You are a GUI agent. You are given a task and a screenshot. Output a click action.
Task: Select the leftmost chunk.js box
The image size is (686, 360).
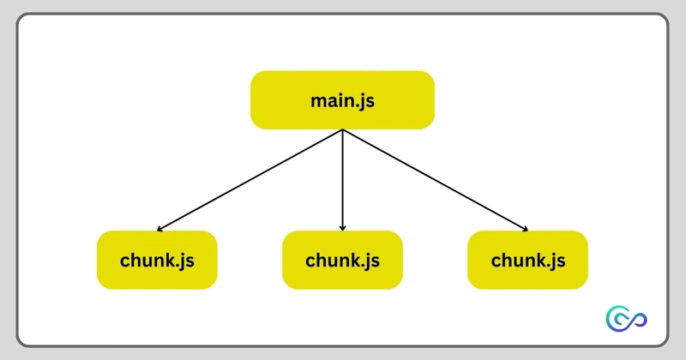[x=157, y=260]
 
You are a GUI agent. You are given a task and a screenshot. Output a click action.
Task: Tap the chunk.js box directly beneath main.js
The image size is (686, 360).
[x=342, y=260]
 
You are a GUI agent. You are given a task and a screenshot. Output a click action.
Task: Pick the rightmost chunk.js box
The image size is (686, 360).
[x=527, y=260]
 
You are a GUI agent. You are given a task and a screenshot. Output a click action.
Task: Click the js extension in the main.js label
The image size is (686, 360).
[x=366, y=101]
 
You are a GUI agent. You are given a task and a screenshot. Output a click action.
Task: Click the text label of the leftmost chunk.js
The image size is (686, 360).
[x=157, y=260]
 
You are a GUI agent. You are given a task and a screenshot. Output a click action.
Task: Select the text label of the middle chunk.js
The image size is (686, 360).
[x=342, y=260]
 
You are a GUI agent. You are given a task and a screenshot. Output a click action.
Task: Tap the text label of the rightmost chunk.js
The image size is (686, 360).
[x=527, y=260]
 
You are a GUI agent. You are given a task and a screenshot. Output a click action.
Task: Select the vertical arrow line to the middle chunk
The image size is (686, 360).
[x=343, y=180]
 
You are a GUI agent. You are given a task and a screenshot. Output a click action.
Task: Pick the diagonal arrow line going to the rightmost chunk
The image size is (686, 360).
[x=436, y=181]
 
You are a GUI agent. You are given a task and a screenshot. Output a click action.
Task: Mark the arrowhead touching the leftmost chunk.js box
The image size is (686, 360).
[x=160, y=229]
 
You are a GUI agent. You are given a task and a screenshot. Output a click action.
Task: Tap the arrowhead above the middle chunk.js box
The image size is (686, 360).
[x=343, y=228]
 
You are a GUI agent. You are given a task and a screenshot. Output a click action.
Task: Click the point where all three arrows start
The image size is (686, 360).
[x=343, y=130]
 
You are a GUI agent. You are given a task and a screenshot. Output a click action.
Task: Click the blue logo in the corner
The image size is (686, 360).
[x=625, y=319]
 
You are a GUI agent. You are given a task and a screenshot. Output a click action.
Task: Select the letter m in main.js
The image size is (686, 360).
[x=318, y=100]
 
